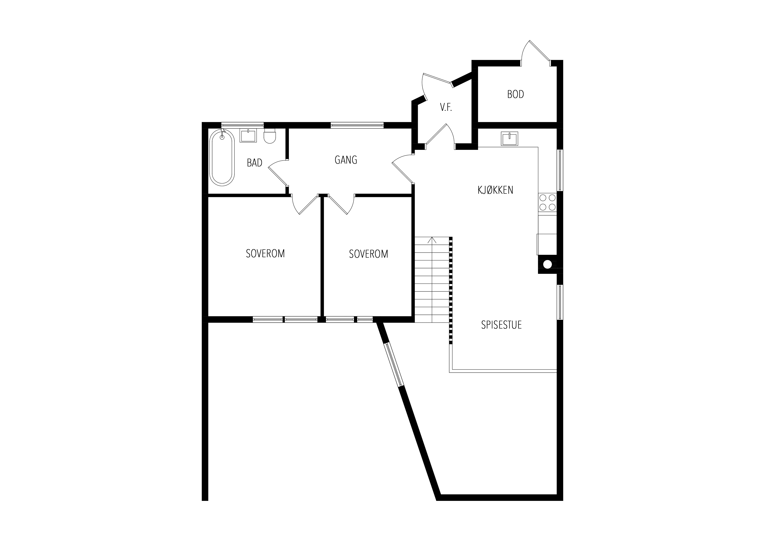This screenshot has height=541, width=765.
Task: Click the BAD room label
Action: tap(254, 163)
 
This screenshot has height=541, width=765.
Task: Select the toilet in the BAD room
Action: tap(270, 136)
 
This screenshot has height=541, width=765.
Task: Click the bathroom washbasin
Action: tap(248, 136)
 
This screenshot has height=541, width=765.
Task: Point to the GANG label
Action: tap(346, 160)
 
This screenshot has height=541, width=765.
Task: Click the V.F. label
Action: tap(446, 107)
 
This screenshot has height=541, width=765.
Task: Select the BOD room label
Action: tap(516, 94)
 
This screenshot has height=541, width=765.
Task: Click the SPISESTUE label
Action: tap(501, 325)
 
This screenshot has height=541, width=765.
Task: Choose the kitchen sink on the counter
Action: tap(509, 139)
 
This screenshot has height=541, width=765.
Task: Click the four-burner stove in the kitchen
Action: tap(547, 203)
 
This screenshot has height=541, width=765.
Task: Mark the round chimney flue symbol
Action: tap(547, 264)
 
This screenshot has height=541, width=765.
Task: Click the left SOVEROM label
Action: tap(265, 254)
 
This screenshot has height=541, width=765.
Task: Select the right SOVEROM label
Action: tap(369, 254)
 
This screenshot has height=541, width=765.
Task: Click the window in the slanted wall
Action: tap(394, 365)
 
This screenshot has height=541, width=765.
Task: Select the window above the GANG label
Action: tap(357, 125)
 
